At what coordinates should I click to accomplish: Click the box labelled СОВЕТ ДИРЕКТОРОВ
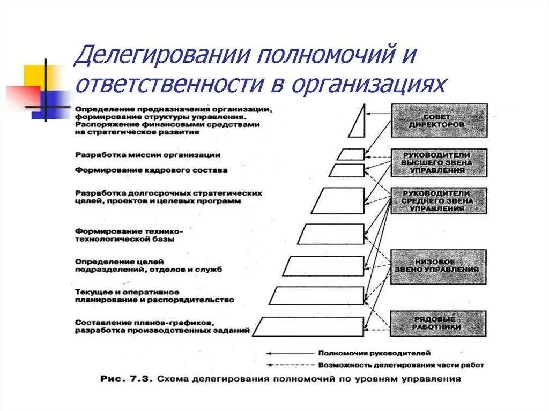[439, 121]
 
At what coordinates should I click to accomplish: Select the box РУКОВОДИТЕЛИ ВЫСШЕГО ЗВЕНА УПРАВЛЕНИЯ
[439, 163]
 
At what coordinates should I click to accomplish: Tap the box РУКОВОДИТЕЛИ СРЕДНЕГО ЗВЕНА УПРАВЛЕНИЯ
[439, 200]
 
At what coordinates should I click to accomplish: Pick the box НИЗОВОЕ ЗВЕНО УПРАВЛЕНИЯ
[439, 266]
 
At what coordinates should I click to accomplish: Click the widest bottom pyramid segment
[309, 326]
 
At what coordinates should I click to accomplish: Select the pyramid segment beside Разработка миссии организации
[351, 154]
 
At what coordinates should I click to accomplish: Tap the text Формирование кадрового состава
[152, 170]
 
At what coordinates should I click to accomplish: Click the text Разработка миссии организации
[148, 155]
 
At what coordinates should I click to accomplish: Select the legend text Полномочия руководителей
[374, 354]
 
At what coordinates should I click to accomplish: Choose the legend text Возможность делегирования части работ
[400, 365]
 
